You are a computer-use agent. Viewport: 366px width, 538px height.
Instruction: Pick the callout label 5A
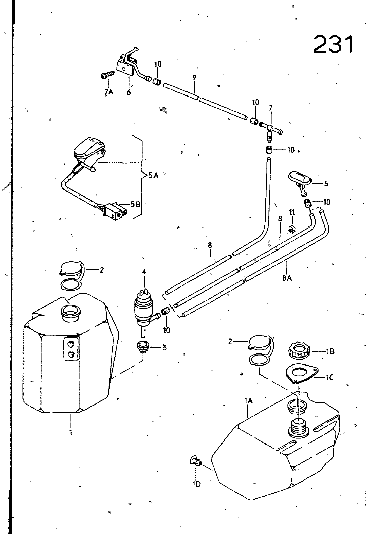(153, 175)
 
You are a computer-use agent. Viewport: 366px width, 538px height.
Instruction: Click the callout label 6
(129, 92)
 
